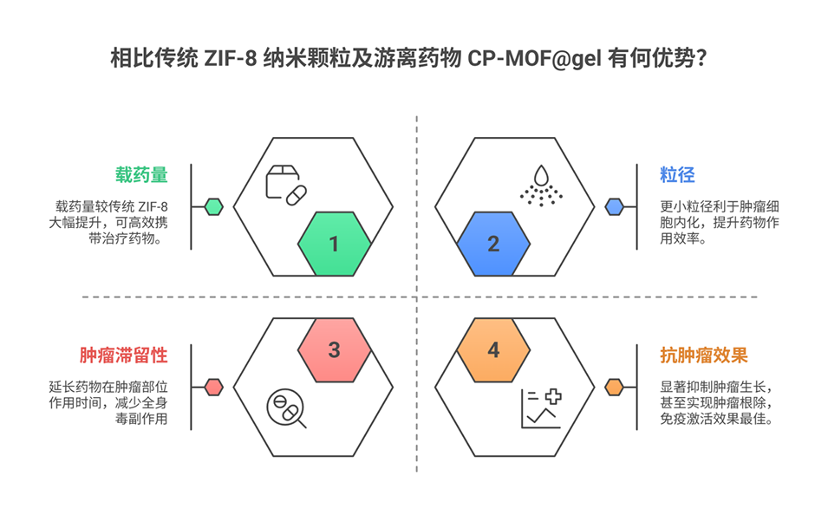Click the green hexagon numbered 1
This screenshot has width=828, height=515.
[x=334, y=244]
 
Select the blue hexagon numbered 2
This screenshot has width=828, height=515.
[x=492, y=244]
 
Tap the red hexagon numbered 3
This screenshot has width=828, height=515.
[x=334, y=350]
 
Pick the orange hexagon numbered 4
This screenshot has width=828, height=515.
[x=492, y=350]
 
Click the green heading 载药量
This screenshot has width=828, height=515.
[x=141, y=174]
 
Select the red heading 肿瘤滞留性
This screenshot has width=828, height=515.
[x=124, y=355]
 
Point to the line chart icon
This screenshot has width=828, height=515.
[x=541, y=408]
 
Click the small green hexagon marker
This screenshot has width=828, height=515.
[x=213, y=206]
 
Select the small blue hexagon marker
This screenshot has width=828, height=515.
[x=614, y=206]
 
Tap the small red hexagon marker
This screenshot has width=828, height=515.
[x=213, y=387]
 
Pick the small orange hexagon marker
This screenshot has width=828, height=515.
[x=614, y=387]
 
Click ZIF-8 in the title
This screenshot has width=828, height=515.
[x=231, y=60]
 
